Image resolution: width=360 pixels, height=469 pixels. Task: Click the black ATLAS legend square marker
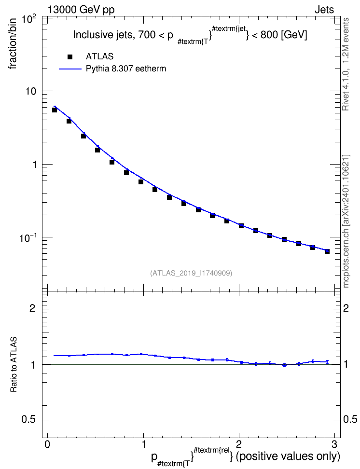click(x=70, y=57)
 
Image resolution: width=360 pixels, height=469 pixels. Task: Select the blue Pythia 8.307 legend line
click(x=70, y=69)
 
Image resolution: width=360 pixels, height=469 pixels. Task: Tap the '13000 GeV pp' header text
click(x=81, y=10)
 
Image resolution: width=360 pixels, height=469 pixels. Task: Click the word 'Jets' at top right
click(x=324, y=10)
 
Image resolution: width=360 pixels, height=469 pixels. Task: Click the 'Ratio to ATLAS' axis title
click(x=14, y=365)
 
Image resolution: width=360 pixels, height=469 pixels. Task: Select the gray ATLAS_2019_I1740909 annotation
click(x=191, y=273)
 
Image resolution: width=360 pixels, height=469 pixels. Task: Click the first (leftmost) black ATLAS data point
click(x=55, y=110)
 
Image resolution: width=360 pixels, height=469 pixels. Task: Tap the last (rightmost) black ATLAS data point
click(x=327, y=251)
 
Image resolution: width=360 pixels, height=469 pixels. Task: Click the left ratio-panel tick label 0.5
click(x=29, y=419)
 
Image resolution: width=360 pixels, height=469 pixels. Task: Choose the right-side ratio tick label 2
click(x=346, y=308)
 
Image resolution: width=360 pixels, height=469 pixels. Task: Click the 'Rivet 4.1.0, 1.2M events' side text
click(x=346, y=64)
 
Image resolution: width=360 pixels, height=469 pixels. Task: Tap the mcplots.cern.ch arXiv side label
click(x=346, y=221)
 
